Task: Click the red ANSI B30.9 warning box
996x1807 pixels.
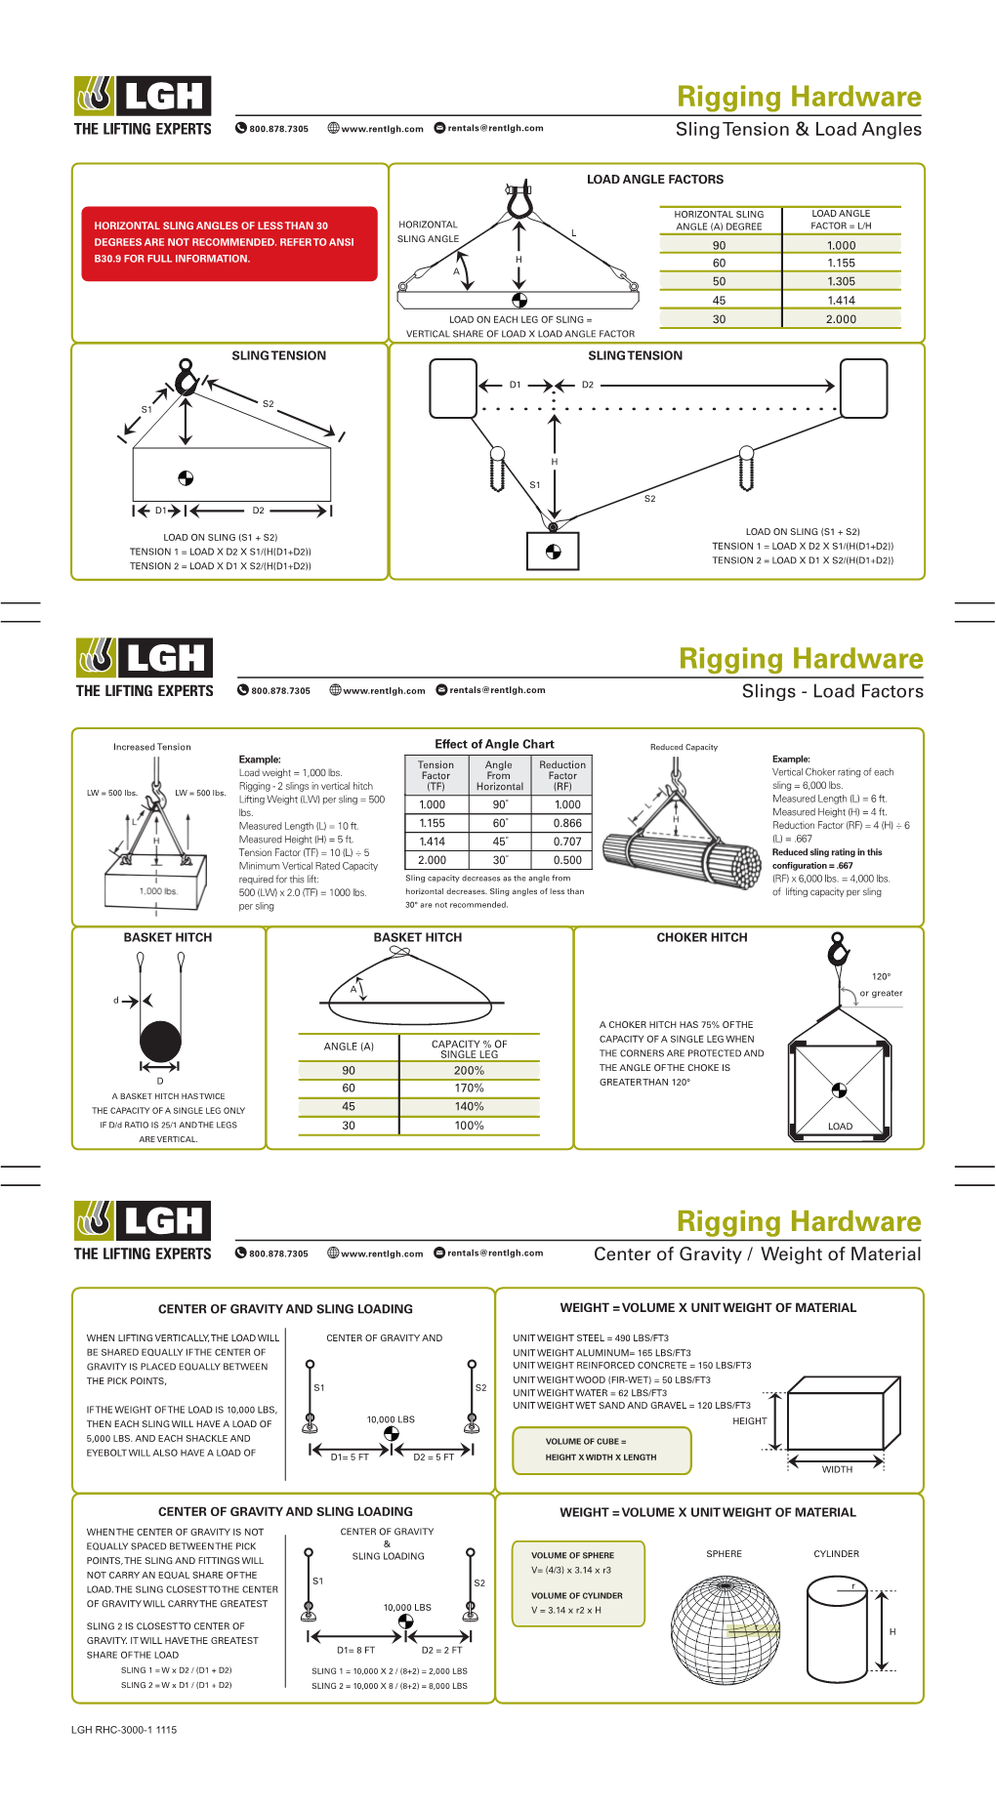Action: tap(228, 243)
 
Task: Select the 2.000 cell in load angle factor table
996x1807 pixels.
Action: tap(841, 319)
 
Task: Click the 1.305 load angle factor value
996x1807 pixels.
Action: tap(841, 281)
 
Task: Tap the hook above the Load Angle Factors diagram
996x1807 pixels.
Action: tap(519, 200)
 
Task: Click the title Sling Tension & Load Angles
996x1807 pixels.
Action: tap(798, 130)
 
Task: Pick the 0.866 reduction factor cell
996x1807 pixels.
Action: tap(567, 823)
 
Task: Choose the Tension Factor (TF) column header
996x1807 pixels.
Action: tap(436, 775)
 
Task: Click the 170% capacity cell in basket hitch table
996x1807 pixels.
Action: tap(469, 1088)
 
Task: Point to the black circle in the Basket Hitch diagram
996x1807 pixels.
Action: tap(160, 1042)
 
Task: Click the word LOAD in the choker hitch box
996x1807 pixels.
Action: tap(840, 1127)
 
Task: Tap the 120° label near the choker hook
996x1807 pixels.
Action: tap(881, 976)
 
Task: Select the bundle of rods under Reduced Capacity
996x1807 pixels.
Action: tap(682, 859)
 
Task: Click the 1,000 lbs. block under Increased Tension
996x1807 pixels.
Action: tap(157, 883)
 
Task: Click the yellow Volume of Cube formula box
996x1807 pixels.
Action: tap(602, 1450)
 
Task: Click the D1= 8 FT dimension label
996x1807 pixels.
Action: tap(355, 1651)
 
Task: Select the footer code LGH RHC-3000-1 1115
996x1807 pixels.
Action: tap(124, 1730)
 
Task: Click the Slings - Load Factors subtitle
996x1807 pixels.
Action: tap(832, 692)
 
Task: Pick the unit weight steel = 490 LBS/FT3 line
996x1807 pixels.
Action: tap(591, 1338)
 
